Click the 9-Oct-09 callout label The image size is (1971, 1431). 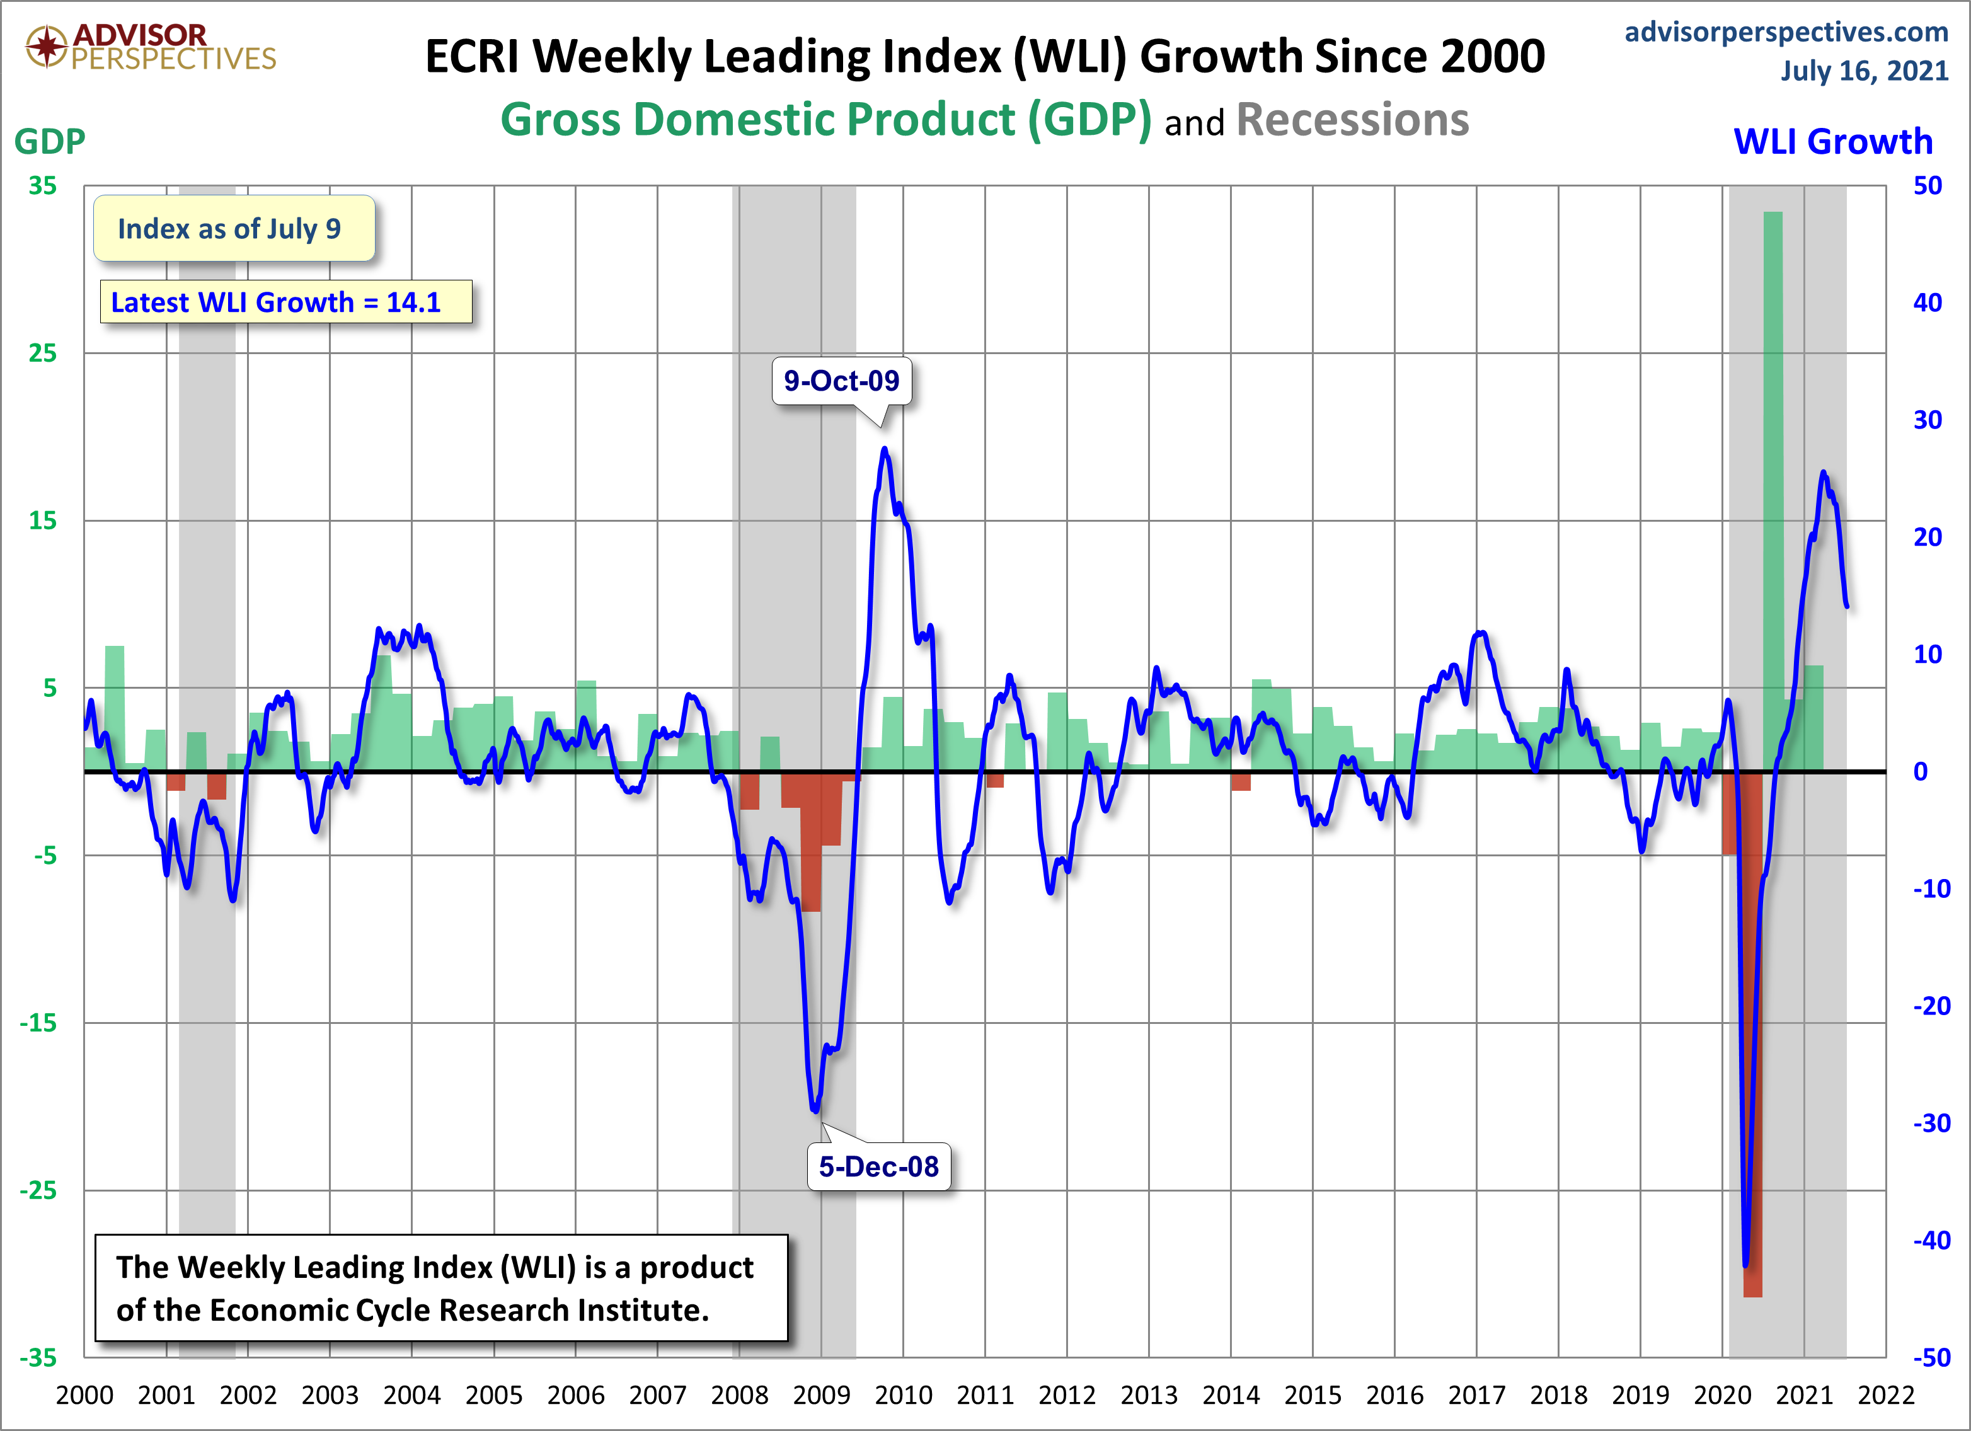point(841,381)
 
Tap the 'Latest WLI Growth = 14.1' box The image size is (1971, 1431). point(286,302)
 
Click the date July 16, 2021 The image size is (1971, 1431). point(1864,71)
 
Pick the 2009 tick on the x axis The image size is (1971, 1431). point(821,1395)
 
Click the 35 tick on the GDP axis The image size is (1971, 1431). point(43,186)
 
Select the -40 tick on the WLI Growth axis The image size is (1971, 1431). point(1931,1240)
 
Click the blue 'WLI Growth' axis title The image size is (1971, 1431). point(1833,142)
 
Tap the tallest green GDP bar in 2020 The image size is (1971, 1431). point(1773,486)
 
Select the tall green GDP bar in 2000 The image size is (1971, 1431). point(115,708)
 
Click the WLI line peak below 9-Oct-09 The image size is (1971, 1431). point(885,449)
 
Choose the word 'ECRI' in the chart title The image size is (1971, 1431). point(472,57)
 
